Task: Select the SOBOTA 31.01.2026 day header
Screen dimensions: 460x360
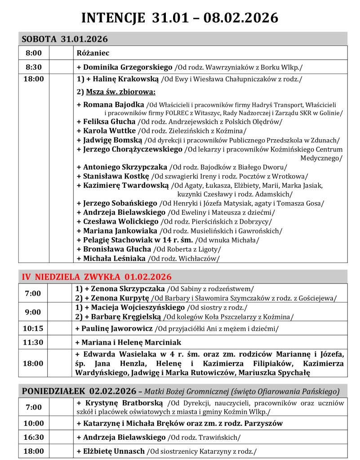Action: pyautogui.click(x=65, y=39)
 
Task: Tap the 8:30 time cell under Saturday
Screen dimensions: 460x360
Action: pyautogui.click(x=34, y=67)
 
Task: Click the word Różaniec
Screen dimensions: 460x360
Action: pyautogui.click(x=93, y=53)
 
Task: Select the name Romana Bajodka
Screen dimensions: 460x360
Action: pyautogui.click(x=111, y=105)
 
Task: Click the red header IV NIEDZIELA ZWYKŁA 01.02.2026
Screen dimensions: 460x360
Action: pyautogui.click(x=97, y=277)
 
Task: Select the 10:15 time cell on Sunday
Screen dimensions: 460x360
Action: pyautogui.click(x=34, y=328)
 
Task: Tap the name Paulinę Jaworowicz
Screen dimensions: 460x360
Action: pyautogui.click(x=118, y=328)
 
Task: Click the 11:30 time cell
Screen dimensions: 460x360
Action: pyautogui.click(x=34, y=342)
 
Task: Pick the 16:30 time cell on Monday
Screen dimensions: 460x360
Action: pyautogui.click(x=34, y=437)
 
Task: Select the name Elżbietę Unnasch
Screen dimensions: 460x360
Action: pyautogui.click(x=114, y=451)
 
